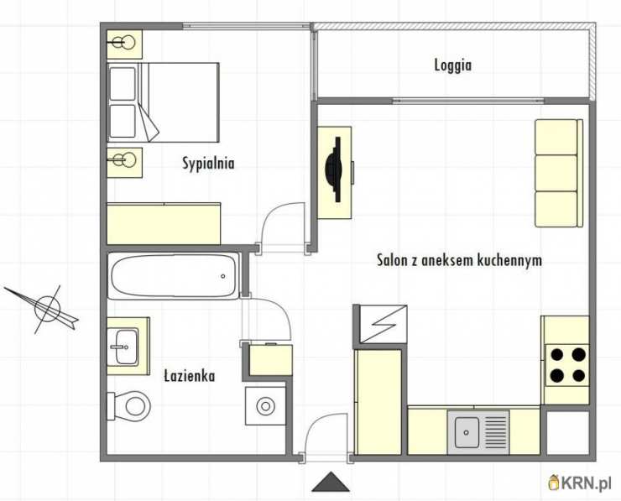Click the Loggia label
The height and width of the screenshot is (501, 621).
click(452, 65)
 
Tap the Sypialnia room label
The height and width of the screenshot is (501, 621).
click(208, 164)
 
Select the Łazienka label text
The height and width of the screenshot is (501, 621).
click(189, 376)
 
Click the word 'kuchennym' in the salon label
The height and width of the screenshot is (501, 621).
click(509, 260)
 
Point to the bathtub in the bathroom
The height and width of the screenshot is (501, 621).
click(174, 276)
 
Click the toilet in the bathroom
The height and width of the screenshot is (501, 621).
click(128, 409)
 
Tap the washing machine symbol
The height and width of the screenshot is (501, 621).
click(265, 407)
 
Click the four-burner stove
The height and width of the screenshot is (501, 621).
click(566, 363)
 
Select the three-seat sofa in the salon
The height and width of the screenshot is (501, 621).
click(557, 173)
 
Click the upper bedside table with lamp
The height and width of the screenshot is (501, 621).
click(124, 43)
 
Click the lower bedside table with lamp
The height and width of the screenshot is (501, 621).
click(124, 161)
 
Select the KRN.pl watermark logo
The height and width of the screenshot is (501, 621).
click(580, 483)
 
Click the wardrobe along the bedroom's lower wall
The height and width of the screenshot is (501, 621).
click(163, 222)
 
